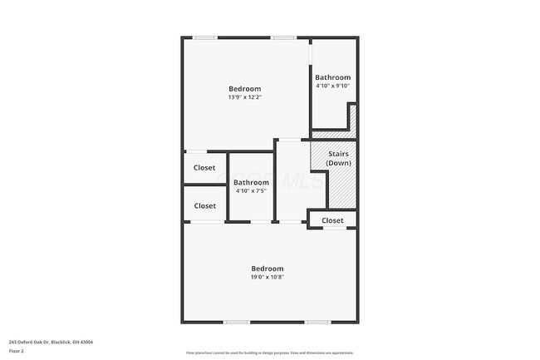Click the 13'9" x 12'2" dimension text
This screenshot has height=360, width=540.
tap(245, 97)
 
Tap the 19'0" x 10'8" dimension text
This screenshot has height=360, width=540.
tap(268, 278)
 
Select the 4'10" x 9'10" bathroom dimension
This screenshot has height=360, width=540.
tap(332, 86)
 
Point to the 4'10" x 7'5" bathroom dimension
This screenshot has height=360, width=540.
tap(251, 191)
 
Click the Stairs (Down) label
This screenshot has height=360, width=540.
tap(338, 158)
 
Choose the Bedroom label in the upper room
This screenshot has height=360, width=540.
tap(245, 88)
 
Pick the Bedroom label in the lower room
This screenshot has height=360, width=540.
tap(268, 269)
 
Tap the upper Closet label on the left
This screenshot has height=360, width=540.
tap(204, 167)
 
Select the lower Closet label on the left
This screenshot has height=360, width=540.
tap(204, 205)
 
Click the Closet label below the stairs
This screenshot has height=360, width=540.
tap(332, 220)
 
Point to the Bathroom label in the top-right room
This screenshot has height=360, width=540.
tap(332, 77)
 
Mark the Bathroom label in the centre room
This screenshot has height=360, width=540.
tap(251, 182)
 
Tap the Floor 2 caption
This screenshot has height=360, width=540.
tap(17, 350)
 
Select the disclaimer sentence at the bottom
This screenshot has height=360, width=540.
tap(269, 353)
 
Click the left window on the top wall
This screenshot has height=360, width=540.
tap(206, 37)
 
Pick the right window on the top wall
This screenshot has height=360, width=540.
tap(282, 37)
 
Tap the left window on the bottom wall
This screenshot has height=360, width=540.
tap(237, 322)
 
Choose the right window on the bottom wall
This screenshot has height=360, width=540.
tap(317, 322)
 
